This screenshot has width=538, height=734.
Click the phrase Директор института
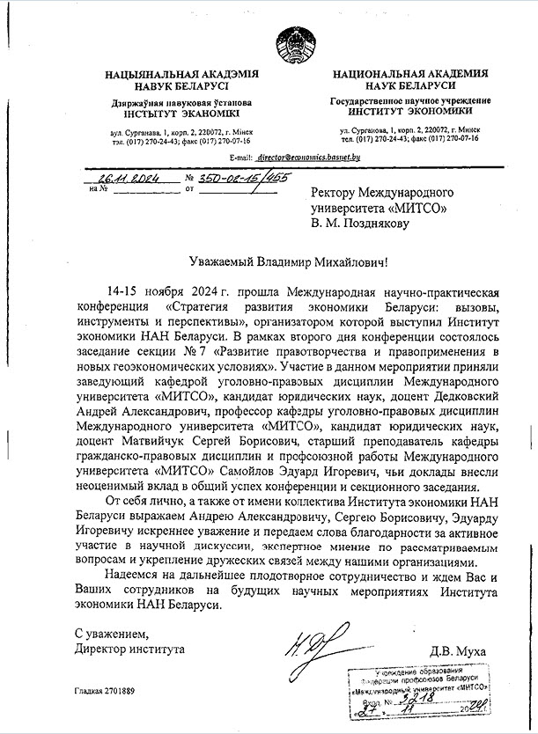pyautogui.click(x=129, y=650)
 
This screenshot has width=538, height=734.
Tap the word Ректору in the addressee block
pyautogui.click(x=341, y=192)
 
